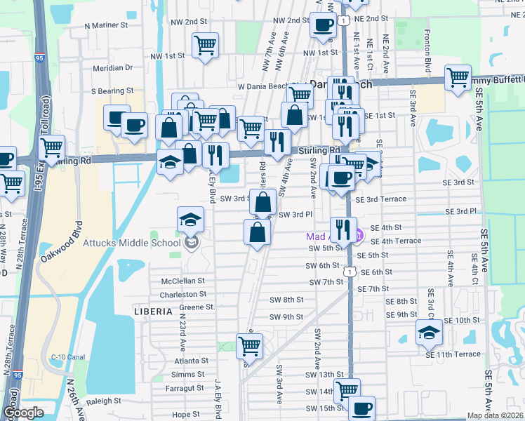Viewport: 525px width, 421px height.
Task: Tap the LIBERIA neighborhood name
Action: coord(153,311)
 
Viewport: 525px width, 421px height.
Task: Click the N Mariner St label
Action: coord(106,25)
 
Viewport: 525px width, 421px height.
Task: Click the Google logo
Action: coord(24,413)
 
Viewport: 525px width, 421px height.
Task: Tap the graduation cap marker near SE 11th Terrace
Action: coord(429,333)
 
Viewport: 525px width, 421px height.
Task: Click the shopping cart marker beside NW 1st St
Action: coord(205,46)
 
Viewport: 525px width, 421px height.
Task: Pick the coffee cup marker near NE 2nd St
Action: coord(324,25)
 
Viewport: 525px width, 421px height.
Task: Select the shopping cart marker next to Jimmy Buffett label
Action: coord(458,78)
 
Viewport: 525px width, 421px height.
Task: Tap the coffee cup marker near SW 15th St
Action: coord(361,408)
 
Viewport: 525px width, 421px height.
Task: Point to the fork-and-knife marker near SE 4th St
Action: coord(343,229)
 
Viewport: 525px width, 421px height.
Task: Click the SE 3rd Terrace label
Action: coord(380,199)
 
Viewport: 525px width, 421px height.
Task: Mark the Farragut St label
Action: coord(185,387)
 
